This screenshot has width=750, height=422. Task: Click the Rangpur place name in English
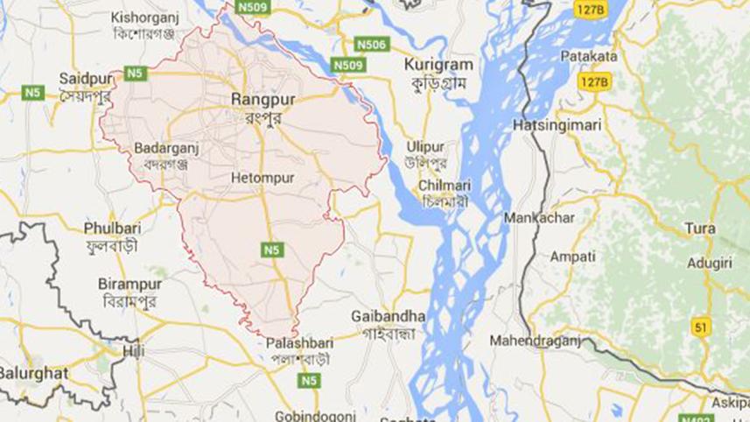pos(263,100)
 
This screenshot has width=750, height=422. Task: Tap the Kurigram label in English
pos(438,65)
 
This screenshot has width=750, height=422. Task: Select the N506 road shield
pos(370,44)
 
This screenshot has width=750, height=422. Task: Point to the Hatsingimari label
pos(557,125)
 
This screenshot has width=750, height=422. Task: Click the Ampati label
pos(572,257)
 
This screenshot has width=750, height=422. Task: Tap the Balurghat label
pos(33,372)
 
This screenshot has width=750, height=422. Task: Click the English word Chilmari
pos(445,186)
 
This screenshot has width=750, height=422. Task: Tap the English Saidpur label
pos(83,79)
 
